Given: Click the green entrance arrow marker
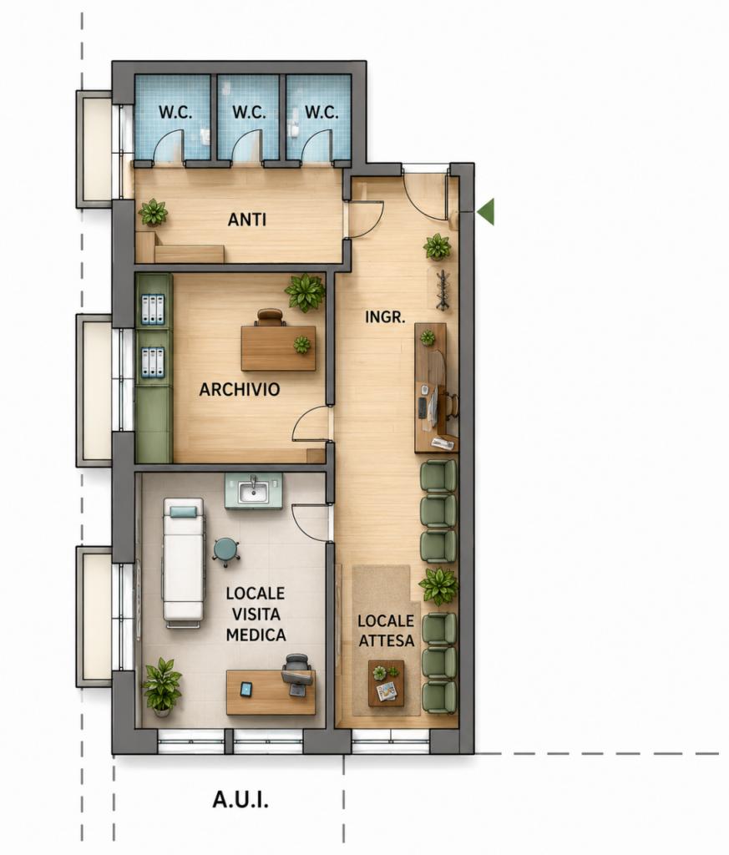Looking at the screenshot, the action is (x=486, y=211).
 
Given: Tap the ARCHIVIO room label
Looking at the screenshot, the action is (x=240, y=389).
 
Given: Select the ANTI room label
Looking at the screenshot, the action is (x=247, y=220).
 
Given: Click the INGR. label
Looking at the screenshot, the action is (x=385, y=316).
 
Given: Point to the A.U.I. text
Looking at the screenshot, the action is (x=240, y=800).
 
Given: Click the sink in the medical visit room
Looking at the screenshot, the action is (x=254, y=491).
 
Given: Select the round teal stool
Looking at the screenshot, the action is (x=226, y=551).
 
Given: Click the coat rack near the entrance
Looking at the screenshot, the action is (x=443, y=290).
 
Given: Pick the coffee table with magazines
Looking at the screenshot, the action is (x=386, y=683).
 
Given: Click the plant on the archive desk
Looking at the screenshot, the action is (x=301, y=345).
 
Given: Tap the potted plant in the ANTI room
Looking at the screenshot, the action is (x=153, y=212).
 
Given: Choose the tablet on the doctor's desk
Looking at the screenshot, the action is (x=246, y=690).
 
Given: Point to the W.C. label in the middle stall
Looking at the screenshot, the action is (x=249, y=113).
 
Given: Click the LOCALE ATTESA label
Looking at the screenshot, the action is (x=386, y=630).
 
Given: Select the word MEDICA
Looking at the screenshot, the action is (x=256, y=635).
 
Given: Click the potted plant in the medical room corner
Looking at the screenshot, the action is (x=161, y=686).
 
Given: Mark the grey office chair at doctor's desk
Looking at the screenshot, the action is (x=297, y=675).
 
